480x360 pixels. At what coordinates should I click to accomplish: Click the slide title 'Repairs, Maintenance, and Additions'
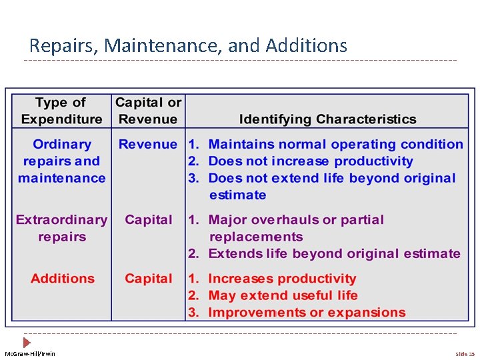188,45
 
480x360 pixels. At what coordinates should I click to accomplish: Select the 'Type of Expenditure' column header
61,111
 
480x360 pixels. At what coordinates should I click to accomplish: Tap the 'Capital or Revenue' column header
148,111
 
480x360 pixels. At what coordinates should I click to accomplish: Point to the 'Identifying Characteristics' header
327,119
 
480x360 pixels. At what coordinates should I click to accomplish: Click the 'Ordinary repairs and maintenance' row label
61,161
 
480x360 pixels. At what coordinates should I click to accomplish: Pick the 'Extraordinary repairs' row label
61,228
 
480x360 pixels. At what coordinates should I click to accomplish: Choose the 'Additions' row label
63,279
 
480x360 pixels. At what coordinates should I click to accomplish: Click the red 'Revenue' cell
148,144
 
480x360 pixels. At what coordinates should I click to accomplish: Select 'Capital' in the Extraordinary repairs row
148,220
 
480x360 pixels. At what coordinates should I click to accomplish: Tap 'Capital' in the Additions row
148,279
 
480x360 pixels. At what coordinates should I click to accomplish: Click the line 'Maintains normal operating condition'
335,144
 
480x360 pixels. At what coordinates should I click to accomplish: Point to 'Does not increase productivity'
311,161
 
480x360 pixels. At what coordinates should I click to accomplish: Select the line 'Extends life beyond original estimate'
334,253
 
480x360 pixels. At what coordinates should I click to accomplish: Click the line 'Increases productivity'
282,279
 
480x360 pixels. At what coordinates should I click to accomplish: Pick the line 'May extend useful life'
283,295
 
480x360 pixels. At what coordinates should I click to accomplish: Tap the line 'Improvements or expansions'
307,312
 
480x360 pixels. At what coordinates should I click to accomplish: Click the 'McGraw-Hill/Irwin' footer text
30,354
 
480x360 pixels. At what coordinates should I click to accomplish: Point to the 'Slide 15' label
465,354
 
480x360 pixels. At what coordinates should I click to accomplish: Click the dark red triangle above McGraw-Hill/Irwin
27,342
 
